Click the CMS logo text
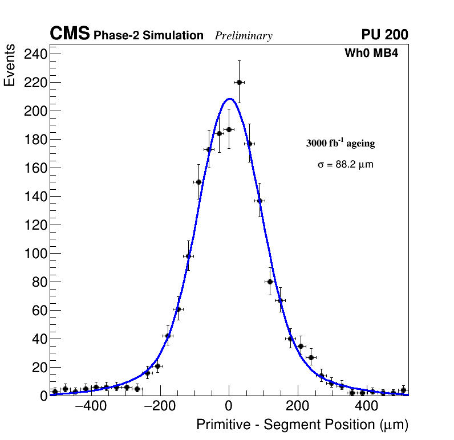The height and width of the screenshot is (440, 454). [x=70, y=35]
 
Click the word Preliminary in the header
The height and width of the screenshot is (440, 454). [x=244, y=36]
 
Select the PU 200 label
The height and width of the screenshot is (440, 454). [x=384, y=35]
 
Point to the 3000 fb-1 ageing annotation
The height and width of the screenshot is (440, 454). [x=340, y=143]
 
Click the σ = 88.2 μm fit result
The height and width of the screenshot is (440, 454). [x=345, y=165]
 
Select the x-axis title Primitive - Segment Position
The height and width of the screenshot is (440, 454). [x=302, y=425]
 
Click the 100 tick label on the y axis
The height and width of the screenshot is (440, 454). [x=35, y=254]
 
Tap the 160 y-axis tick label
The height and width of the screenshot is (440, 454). [x=35, y=168]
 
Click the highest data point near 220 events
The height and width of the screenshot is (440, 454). [x=239, y=82]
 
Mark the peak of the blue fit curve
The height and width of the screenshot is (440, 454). [x=229, y=99]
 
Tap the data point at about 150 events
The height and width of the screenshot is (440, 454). [x=198, y=182]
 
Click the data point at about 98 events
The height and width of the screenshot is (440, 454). [x=188, y=256]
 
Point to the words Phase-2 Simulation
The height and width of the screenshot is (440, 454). [x=148, y=36]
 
